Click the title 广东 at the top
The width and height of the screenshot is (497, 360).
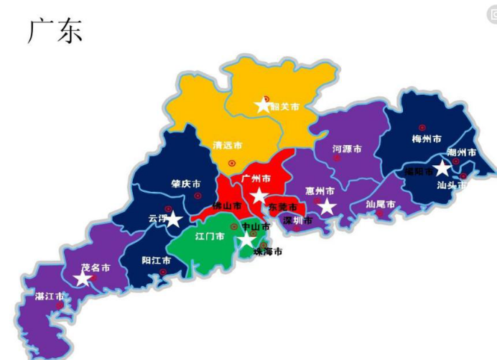[x=55, y=31]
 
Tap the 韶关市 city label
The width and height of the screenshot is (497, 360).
[x=284, y=106]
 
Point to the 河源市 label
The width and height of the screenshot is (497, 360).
[x=347, y=149]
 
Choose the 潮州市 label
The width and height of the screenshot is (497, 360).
[x=461, y=152]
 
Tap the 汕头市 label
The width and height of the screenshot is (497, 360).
[x=452, y=185]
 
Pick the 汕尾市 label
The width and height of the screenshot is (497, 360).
[x=381, y=204]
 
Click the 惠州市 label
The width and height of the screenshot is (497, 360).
[x=320, y=191]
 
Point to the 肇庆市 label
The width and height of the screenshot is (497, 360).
[x=185, y=184]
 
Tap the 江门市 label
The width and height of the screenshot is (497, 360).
[x=210, y=236]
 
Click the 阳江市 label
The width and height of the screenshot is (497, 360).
[x=156, y=260]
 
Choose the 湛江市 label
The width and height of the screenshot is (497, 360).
[x=50, y=296]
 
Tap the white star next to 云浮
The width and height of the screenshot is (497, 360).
[x=173, y=218]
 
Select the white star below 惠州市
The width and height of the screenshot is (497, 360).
[x=327, y=207]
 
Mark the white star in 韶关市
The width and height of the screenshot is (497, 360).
[x=263, y=105]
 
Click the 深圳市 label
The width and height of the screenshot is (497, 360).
[x=297, y=221]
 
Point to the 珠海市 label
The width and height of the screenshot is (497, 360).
[x=268, y=251]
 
